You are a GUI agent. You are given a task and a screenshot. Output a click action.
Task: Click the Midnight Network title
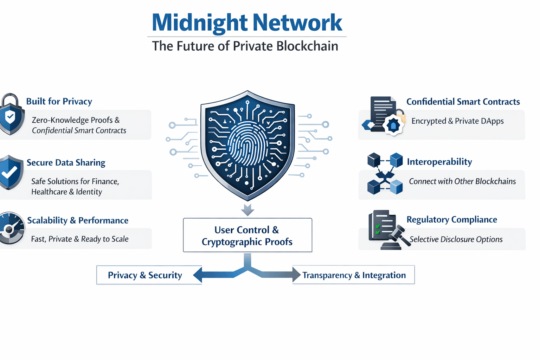click(x=247, y=22)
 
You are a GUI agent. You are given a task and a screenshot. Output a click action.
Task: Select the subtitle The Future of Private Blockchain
click(x=245, y=46)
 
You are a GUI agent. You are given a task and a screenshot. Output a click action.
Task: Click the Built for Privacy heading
click(x=59, y=102)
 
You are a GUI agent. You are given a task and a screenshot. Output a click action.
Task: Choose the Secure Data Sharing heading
click(x=66, y=163)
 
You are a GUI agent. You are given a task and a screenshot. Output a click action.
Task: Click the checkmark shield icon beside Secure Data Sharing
click(x=10, y=172)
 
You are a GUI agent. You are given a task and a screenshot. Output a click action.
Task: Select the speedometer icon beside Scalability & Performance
click(x=11, y=228)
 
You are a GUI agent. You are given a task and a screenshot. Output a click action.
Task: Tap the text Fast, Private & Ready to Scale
click(x=80, y=239)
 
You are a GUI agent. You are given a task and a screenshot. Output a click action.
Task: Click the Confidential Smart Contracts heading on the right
click(x=463, y=102)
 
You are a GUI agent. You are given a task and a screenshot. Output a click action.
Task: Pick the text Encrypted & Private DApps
click(x=457, y=121)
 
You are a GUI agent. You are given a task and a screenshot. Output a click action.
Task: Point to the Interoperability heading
click(x=439, y=162)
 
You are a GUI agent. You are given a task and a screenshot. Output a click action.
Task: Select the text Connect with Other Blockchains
click(x=462, y=181)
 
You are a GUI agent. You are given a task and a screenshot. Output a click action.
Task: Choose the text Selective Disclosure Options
click(x=456, y=239)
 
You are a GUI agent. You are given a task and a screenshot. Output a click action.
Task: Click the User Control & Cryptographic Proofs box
click(x=247, y=235)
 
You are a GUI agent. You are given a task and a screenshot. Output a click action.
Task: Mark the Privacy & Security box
click(x=145, y=275)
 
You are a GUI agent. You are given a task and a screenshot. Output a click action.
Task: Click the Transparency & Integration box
click(x=354, y=275)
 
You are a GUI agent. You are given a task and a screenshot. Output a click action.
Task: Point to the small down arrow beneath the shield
click(x=247, y=210)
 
